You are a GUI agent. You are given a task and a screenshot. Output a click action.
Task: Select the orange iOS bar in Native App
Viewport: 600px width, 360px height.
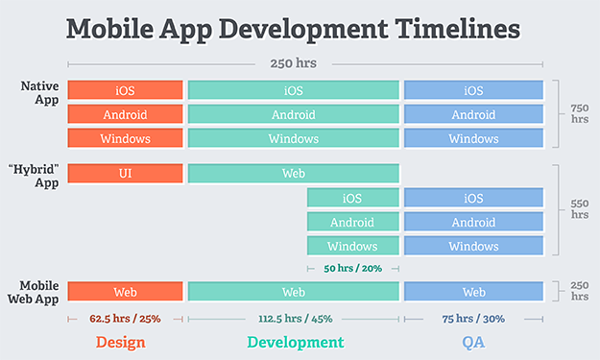(125, 90)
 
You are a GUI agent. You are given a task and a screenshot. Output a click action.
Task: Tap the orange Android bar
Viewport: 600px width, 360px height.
(125, 114)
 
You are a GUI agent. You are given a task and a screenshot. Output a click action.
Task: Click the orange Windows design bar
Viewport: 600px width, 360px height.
(125, 138)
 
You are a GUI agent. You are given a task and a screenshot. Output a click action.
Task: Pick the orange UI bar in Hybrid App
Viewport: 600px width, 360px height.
(125, 174)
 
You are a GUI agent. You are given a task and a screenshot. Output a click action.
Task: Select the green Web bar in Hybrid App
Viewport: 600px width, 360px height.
(294, 174)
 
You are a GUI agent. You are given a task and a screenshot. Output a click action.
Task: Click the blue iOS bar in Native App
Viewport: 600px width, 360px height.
(473, 90)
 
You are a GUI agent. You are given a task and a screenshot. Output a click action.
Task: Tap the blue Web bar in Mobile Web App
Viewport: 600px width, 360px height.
(473, 292)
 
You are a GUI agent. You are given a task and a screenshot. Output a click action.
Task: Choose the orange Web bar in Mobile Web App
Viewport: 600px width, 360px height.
(125, 292)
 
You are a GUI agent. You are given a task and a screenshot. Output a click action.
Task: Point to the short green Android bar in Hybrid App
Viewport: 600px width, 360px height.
(352, 222)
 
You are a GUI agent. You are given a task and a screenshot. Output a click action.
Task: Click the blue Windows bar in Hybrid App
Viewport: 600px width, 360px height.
(473, 246)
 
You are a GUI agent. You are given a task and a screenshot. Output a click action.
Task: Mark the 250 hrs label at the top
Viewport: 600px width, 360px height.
(295, 64)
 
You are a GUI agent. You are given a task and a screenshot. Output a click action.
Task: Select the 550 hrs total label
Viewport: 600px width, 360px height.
(580, 209)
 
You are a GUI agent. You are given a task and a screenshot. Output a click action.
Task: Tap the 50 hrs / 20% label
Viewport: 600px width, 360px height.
(352, 269)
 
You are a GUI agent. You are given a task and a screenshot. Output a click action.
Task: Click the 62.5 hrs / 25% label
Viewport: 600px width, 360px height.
(125, 318)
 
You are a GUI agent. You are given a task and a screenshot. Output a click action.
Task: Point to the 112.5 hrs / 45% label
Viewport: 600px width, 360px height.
(294, 318)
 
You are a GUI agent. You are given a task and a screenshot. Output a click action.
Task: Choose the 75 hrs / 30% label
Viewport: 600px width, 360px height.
(473, 318)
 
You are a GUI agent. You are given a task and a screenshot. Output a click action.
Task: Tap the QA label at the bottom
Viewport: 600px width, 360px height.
(473, 342)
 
